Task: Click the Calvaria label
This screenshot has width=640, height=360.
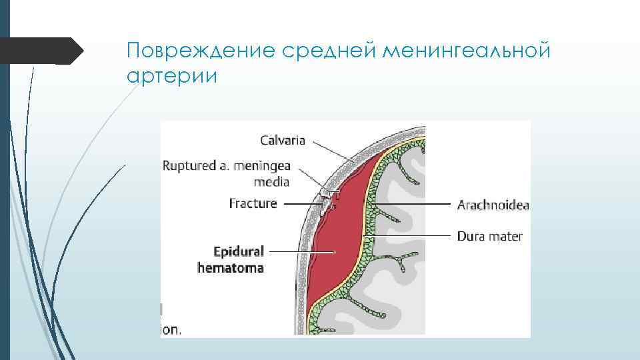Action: coord(283,140)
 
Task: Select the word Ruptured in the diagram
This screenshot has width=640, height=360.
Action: coord(188,165)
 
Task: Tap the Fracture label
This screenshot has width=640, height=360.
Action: coord(253,203)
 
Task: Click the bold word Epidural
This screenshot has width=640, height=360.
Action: coord(238,251)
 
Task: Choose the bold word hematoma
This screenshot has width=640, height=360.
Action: coord(231,268)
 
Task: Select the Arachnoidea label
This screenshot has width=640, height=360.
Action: coord(493,205)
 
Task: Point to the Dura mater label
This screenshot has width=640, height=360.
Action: coord(490,236)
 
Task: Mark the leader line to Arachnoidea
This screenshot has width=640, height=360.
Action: coord(413,204)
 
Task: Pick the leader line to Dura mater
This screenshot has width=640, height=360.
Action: coord(413,235)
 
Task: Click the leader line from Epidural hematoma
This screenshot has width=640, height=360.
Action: coord(300,251)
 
